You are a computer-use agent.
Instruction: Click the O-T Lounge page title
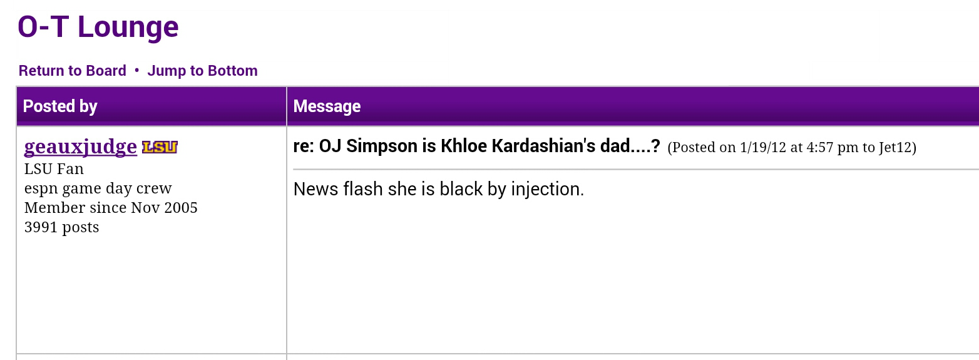(98, 27)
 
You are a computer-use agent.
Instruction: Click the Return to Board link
(72, 71)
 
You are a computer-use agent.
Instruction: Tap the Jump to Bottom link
(202, 71)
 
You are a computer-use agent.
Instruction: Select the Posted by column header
(60, 106)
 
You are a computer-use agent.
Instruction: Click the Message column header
(327, 106)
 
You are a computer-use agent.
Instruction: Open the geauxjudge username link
(80, 147)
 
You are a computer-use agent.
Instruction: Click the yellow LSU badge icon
(160, 147)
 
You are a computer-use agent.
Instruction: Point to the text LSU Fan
(54, 169)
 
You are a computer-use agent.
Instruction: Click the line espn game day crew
(98, 188)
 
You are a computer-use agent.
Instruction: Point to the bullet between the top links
(137, 70)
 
